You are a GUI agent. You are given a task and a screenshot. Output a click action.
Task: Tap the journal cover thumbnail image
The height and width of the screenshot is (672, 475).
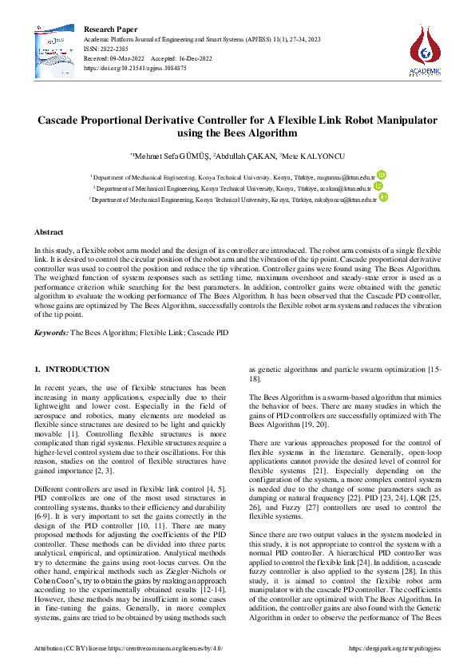pos(54,51)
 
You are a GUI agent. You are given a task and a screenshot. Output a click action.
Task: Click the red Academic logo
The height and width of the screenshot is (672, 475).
pos(425,49)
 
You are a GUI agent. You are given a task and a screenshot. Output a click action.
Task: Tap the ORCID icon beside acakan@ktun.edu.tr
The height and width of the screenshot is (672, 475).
pos(378,186)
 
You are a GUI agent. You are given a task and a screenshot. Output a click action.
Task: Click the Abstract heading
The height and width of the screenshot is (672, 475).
pos(48,231)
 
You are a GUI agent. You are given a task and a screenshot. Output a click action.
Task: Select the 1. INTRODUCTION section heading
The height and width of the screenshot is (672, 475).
pos(73,370)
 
